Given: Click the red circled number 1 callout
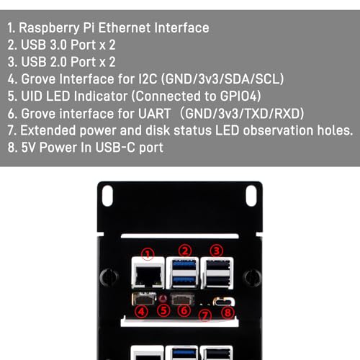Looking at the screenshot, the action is coord(148,254).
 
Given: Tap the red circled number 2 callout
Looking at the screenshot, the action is coord(185,251).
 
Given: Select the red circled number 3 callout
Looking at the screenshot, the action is coord(217,251).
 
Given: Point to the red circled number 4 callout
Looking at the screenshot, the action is coord(141,312).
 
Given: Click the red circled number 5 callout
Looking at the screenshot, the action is coord(163,310).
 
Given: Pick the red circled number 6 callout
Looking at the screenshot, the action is coord(184,310).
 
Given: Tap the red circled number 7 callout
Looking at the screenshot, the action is coord(205,315).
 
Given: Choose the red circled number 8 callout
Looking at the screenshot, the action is coord(228,312).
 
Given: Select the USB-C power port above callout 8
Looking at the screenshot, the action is coord(224,302).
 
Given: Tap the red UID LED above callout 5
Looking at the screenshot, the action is coord(163,299).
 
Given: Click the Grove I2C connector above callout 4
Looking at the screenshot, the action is coord(144,298).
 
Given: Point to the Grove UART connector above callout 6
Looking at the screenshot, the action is coord(182,299).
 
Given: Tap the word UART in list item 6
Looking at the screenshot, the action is coord(155,113).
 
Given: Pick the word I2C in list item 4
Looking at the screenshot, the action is coord(148,79).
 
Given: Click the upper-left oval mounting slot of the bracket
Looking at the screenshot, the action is coord(107,196).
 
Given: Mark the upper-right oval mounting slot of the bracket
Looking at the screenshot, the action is coord(251,196).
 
